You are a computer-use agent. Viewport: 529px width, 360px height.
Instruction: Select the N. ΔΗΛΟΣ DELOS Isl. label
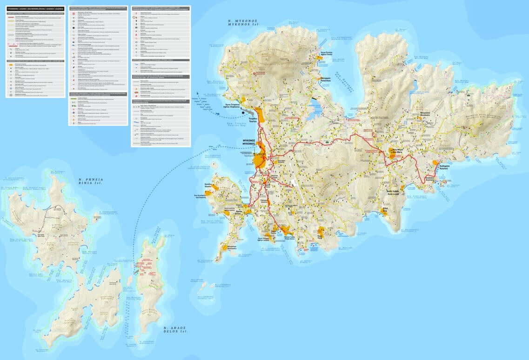pyautogui.click(x=176, y=330)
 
